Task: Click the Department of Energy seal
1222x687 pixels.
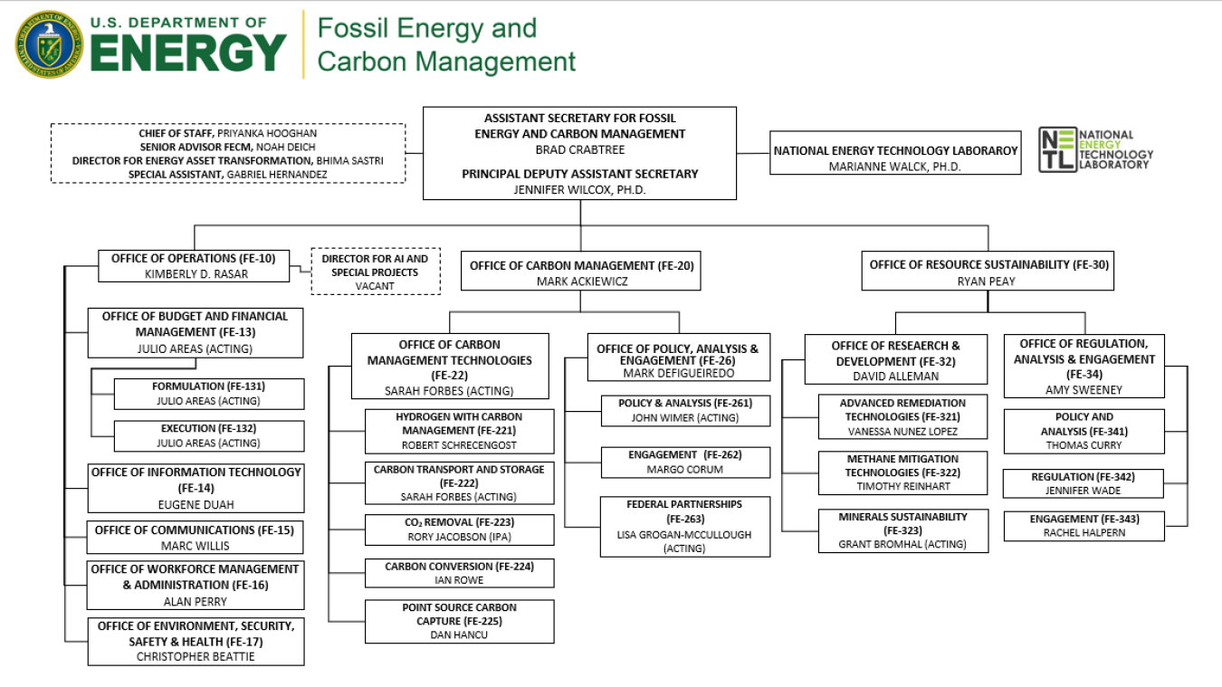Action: click(48, 43)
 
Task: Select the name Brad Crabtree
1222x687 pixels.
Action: click(579, 149)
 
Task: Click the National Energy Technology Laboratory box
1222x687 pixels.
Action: click(895, 157)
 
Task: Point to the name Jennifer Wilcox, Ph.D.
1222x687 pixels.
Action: click(579, 189)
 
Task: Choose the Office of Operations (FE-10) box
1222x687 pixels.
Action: click(193, 265)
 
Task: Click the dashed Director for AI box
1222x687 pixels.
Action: click(375, 272)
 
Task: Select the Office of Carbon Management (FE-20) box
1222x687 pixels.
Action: click(580, 272)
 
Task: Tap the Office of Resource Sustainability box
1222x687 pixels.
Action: click(988, 272)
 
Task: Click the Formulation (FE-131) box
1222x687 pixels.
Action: click(208, 394)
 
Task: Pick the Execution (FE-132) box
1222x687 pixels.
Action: click(208, 435)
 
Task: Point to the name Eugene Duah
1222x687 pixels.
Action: click(197, 505)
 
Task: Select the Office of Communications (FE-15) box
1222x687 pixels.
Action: click(195, 537)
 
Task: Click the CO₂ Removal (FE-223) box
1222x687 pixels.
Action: click(459, 530)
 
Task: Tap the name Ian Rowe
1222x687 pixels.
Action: click(459, 580)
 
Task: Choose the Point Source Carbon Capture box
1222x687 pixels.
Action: click(459, 621)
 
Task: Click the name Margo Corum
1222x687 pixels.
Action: click(685, 470)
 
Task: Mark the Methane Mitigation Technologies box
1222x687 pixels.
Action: click(902, 472)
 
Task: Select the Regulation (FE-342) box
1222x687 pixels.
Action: click(1083, 483)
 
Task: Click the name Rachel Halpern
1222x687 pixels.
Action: click(1083, 533)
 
